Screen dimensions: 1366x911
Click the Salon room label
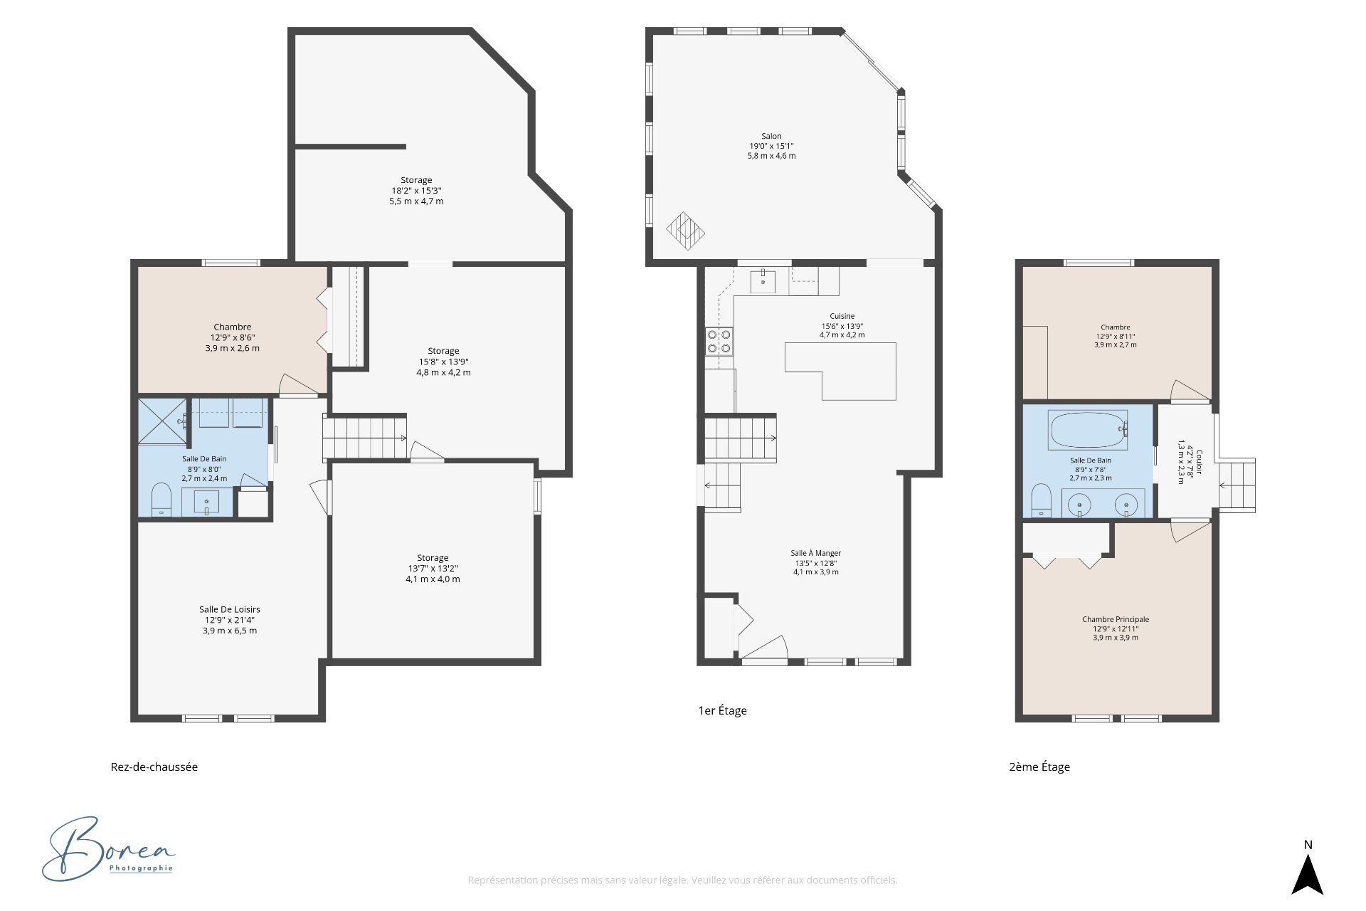click(771, 136)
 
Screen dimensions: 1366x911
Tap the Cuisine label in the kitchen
click(842, 316)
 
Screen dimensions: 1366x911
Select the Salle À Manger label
click(816, 553)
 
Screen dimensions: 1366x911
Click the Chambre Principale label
click(1116, 619)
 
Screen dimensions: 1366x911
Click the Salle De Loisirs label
click(230, 609)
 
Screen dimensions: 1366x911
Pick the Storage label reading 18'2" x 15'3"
click(416, 180)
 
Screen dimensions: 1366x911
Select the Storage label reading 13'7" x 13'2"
click(433, 558)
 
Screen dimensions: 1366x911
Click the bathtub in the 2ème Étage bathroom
click(1089, 430)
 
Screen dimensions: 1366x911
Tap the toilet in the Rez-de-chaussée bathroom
click(162, 499)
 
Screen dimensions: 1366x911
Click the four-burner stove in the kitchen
click(719, 341)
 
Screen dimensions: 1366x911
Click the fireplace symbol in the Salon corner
click(685, 231)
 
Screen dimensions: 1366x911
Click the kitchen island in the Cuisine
click(840, 371)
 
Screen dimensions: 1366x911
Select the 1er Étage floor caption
click(722, 710)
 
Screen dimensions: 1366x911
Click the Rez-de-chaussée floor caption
click(154, 767)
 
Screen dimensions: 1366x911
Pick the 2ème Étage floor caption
click(1039, 767)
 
